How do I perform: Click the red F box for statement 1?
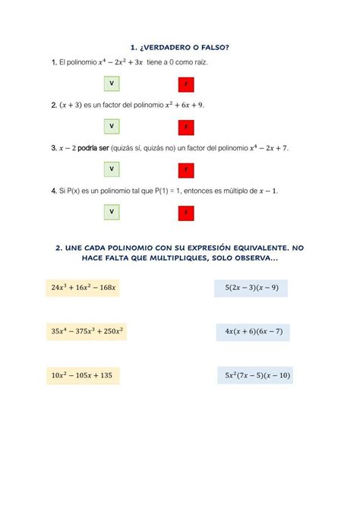185,83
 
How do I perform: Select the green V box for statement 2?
112,125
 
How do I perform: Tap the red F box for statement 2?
185,126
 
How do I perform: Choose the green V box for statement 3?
112,169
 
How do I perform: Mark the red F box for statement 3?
185,169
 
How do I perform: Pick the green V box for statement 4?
112,211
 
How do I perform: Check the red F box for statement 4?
185,212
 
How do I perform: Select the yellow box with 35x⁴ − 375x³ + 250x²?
88,331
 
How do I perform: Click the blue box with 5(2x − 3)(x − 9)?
252,288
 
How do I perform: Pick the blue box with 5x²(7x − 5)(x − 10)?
258,375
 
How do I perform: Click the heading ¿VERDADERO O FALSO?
186,47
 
